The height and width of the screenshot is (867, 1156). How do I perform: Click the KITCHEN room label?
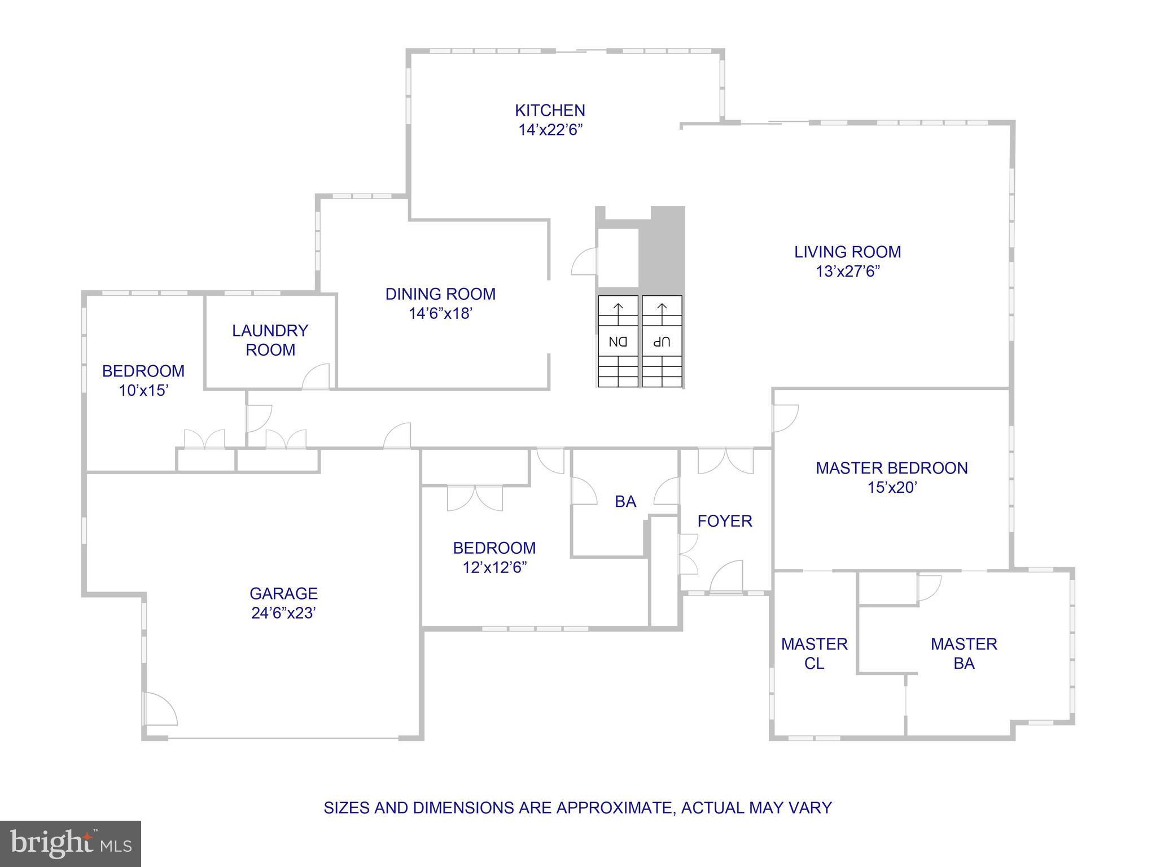point(550,110)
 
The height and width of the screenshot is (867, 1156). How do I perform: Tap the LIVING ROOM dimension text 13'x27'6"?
point(847,272)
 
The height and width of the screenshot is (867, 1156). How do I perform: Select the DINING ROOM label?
point(440,294)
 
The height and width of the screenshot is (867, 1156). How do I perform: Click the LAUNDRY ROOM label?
point(270,340)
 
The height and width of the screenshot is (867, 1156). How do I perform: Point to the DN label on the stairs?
point(618,341)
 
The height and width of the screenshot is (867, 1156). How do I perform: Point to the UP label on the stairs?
point(662,341)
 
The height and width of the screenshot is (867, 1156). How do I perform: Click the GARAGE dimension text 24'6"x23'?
point(283,613)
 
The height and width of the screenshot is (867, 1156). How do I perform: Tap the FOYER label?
point(725,521)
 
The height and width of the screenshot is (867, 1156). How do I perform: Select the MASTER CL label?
point(814,654)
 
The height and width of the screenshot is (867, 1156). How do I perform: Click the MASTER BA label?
point(964,654)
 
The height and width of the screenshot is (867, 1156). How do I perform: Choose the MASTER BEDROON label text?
point(891,468)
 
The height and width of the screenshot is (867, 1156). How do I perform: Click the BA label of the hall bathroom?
point(625,501)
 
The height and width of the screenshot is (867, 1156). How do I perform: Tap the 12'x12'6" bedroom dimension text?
point(494,567)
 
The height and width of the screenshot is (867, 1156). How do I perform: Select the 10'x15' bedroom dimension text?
point(143,390)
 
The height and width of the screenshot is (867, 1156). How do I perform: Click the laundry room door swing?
point(317,377)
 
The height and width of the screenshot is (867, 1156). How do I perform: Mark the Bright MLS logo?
point(70,843)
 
